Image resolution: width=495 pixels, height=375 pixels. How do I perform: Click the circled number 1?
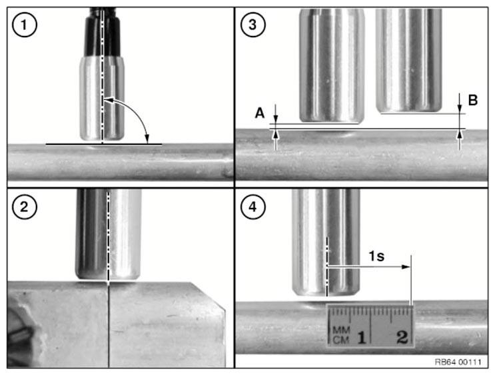point(24,25)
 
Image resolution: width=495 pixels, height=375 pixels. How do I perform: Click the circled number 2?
point(24,206)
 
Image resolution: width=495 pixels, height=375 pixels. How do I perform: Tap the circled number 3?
point(252,25)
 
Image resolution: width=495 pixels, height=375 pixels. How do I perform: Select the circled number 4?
point(252,206)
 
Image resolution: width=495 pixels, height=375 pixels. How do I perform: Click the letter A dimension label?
point(260,113)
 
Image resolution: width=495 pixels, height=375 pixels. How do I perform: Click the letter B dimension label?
point(472,100)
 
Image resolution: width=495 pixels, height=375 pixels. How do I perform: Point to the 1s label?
point(376,256)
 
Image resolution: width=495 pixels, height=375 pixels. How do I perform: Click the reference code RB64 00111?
point(458,362)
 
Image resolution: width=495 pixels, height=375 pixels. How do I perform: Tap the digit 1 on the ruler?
point(362,338)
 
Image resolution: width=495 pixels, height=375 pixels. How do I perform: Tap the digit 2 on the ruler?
point(402,337)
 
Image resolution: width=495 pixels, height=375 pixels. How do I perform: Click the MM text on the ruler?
point(341,330)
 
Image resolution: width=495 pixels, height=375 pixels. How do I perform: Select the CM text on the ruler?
point(341,340)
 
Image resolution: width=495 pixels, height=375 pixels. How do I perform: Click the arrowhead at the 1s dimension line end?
point(406,266)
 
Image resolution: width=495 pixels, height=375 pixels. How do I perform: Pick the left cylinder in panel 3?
point(332,65)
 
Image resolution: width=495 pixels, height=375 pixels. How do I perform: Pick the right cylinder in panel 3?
point(408,61)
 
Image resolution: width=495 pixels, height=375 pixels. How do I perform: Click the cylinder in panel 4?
point(326,242)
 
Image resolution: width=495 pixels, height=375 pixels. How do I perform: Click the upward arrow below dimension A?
point(276,140)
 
